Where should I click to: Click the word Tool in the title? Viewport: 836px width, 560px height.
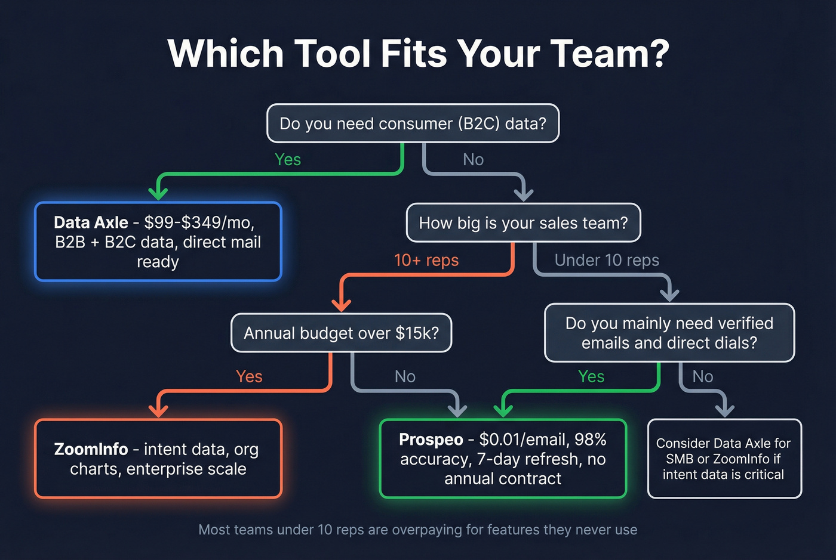point(332,54)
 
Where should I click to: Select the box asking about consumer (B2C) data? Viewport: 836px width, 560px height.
point(413,123)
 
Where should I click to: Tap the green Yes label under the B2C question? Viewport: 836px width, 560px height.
point(288,159)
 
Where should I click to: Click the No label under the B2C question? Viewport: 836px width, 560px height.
point(473,159)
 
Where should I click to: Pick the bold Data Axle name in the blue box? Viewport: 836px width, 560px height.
point(91,222)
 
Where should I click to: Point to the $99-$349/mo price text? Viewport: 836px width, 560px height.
point(199,222)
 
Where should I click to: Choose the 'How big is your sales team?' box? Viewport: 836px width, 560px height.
point(523,223)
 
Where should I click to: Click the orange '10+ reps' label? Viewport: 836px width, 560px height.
point(426,260)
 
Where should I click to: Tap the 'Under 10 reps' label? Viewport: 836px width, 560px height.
point(607,260)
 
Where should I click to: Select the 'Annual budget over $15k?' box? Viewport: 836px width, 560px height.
point(341,333)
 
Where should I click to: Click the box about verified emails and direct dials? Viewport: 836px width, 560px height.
point(669,333)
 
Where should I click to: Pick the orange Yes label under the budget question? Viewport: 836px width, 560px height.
point(249,376)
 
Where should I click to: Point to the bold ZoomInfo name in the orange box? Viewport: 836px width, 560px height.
point(91,449)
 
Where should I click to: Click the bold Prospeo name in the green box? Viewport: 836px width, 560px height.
point(431,440)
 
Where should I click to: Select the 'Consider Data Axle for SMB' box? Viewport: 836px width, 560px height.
point(724,459)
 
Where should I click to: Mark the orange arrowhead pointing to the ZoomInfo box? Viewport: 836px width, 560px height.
point(158,410)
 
